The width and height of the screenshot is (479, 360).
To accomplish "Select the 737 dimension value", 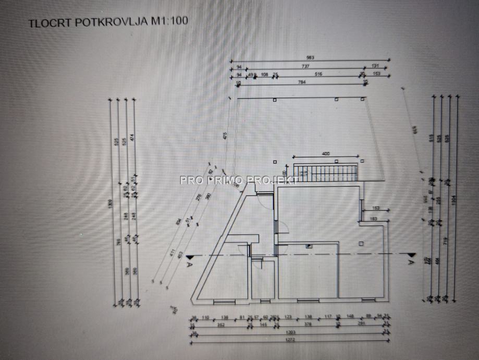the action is (x=305, y=66).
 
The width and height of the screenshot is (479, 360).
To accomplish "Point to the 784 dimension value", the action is (x=301, y=82).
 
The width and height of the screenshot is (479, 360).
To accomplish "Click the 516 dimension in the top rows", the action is (x=318, y=74).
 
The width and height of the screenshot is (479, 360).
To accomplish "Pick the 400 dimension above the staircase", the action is (x=326, y=154).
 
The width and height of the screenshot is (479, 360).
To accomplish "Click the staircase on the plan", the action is (x=326, y=171).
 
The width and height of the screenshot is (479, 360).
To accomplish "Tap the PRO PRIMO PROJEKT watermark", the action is (x=239, y=181).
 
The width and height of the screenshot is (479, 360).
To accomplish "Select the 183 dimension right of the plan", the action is (x=373, y=219).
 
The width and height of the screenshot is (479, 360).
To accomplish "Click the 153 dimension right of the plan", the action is (x=376, y=209).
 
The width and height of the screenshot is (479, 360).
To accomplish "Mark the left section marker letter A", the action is (x=189, y=264).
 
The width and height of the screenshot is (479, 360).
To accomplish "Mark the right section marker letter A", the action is (x=411, y=263).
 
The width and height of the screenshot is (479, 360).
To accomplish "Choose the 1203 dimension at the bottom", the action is (x=292, y=332).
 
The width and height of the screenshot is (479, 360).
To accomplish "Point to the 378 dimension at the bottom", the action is (x=308, y=325).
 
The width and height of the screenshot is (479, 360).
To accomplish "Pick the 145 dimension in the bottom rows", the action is (x=264, y=325).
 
